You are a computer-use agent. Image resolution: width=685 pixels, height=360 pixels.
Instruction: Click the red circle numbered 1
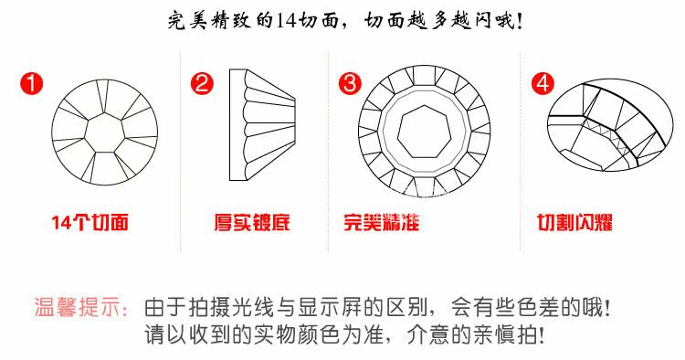[31, 83]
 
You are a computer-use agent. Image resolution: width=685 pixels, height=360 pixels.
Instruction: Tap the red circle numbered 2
[202, 83]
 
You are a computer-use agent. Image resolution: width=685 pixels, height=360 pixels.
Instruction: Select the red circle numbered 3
[351, 83]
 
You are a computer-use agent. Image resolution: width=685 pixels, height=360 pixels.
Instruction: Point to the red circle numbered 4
[543, 83]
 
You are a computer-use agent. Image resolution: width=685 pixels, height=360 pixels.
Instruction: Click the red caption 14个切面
[90, 222]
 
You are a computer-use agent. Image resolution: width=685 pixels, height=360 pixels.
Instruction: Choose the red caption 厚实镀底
[252, 222]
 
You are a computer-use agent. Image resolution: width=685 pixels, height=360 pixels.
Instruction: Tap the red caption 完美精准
[382, 222]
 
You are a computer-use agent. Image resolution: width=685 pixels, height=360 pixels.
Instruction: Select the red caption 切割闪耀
[574, 222]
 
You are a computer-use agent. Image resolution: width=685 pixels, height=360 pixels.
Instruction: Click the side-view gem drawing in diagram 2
[262, 124]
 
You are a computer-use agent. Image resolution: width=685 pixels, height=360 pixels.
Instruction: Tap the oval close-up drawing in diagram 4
[610, 125]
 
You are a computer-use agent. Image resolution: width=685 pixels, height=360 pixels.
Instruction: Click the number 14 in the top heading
[287, 20]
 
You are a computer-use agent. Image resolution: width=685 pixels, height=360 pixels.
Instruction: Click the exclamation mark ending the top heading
[520, 21]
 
